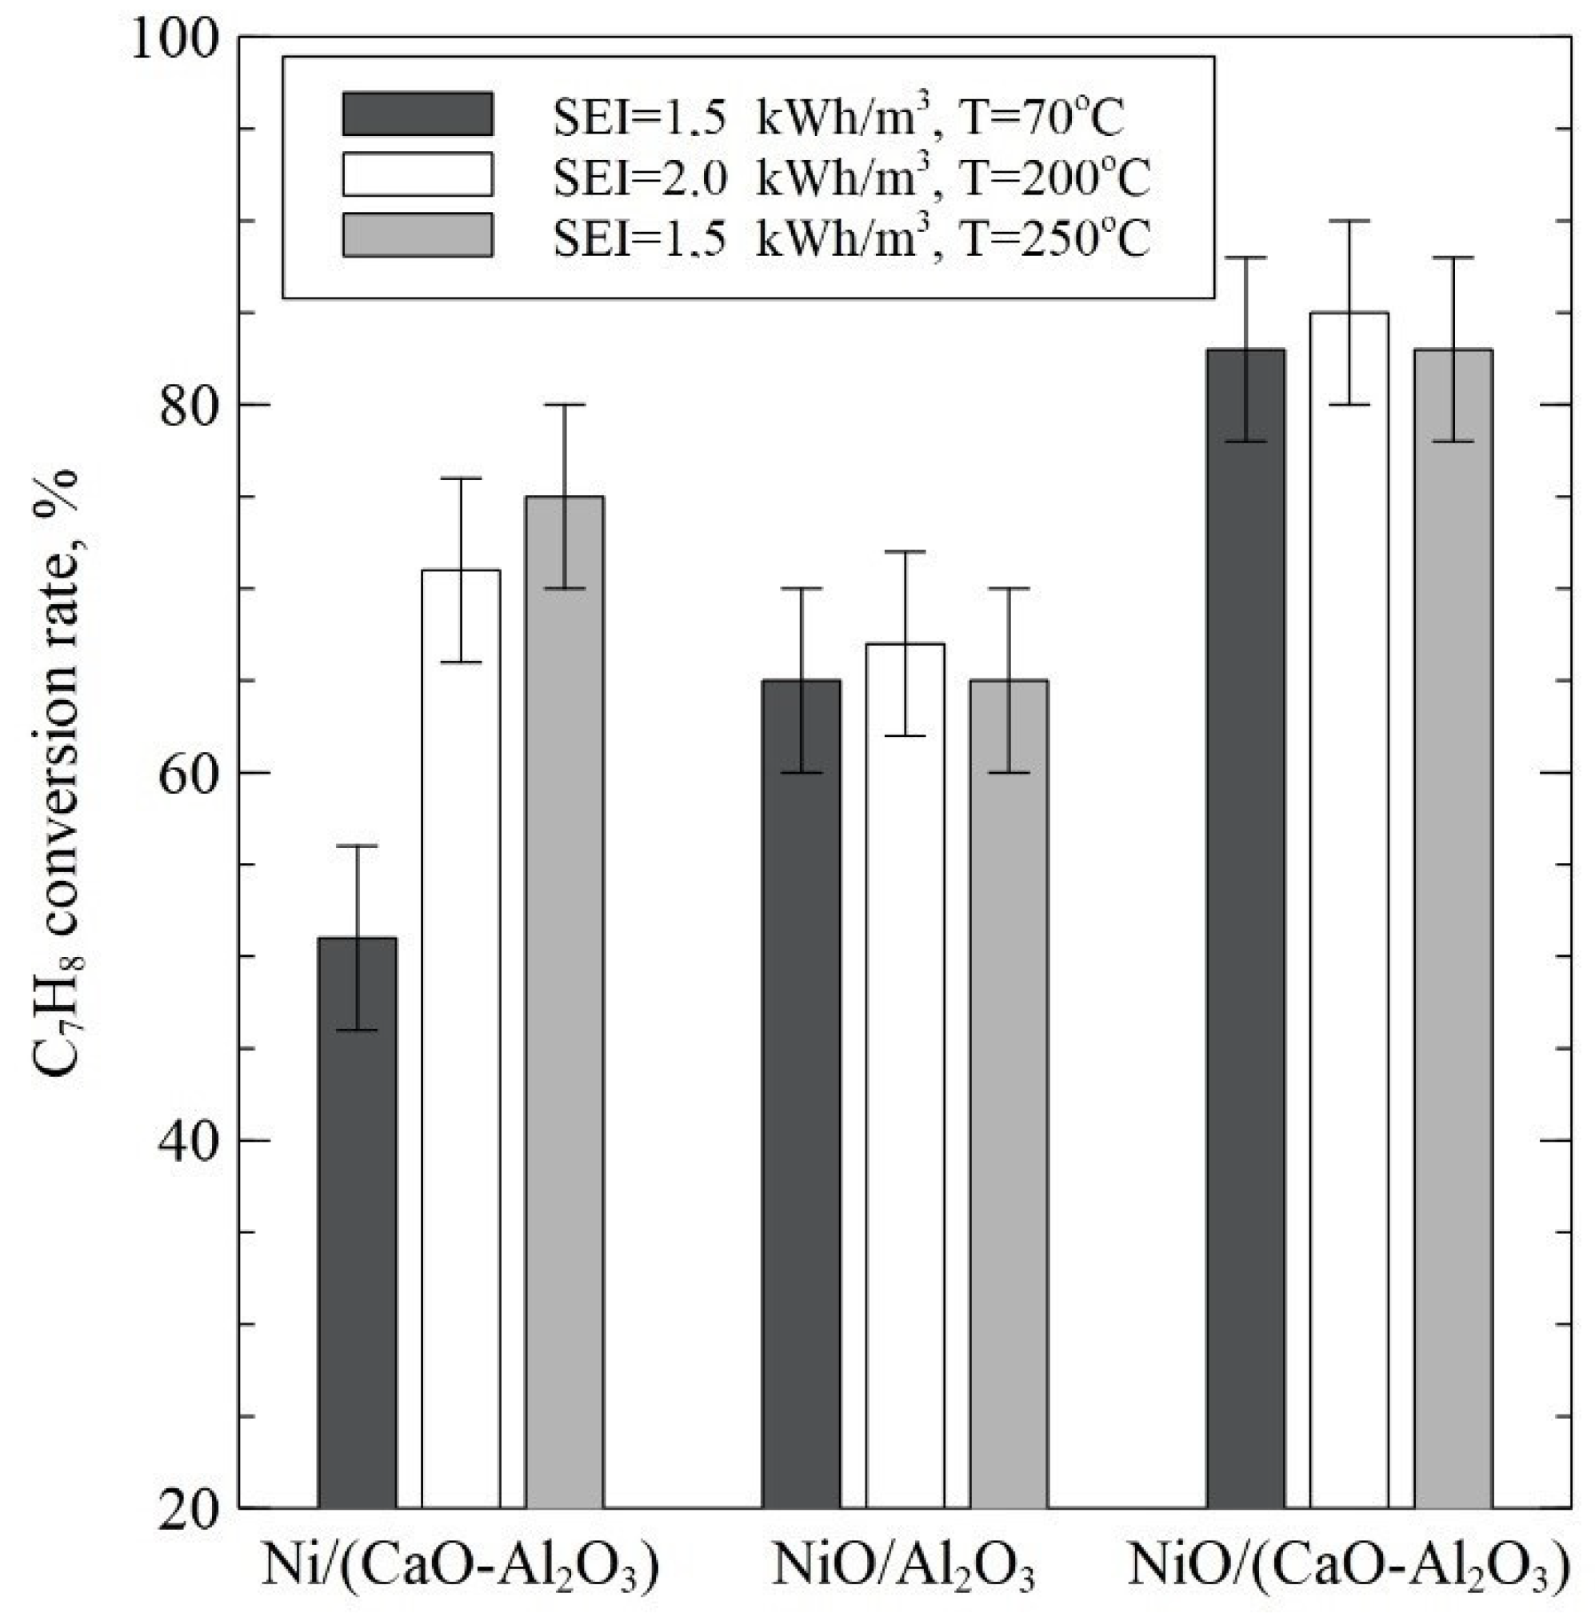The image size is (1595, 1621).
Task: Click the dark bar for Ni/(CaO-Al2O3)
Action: [358, 1223]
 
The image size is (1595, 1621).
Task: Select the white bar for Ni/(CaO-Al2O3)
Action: [461, 1039]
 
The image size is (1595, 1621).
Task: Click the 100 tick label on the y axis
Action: [173, 39]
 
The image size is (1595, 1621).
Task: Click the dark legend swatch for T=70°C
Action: [418, 114]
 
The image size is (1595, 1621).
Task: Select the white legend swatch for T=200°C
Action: [418, 174]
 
